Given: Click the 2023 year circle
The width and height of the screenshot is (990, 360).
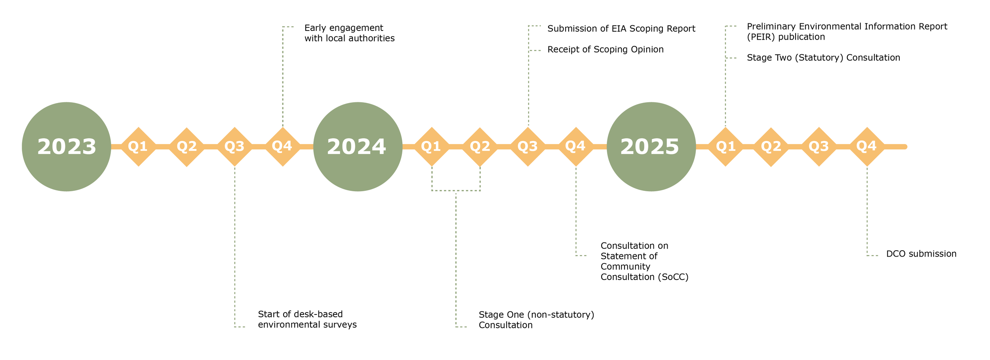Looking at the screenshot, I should [67, 147].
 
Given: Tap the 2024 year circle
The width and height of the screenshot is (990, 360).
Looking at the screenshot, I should [358, 147].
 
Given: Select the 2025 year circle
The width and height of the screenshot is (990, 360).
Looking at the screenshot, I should [651, 147].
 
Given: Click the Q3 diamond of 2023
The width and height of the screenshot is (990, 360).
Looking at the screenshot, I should [234, 147].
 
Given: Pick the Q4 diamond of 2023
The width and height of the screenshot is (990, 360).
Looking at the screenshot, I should [282, 147].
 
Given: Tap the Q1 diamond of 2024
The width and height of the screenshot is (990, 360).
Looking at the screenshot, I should [432, 147].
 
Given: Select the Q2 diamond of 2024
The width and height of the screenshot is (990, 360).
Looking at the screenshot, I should [480, 147].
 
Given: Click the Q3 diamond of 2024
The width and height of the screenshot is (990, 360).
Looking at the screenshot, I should [527, 147].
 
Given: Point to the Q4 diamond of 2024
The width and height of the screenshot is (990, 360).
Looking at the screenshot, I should [575, 147].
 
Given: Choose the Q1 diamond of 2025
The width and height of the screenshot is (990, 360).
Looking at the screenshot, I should [725, 147].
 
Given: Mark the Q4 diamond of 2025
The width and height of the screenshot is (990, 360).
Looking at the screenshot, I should [867, 147].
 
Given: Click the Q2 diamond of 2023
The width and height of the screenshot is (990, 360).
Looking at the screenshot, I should [187, 147].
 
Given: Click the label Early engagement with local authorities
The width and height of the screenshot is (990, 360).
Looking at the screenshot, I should [349, 33].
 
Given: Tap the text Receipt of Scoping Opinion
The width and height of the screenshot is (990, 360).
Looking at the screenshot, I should [605, 50].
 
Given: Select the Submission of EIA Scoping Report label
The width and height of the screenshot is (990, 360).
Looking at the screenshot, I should [621, 29].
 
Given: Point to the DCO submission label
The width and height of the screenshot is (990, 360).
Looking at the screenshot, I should [921, 254].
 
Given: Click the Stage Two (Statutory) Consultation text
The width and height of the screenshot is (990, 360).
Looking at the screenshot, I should [823, 58].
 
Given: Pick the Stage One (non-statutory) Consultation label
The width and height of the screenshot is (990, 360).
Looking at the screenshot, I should [536, 320].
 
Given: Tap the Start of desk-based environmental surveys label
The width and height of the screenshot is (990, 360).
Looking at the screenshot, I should [307, 320].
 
